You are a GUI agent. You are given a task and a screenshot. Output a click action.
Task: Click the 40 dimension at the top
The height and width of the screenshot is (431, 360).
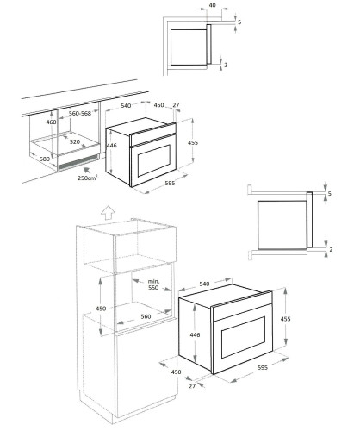212,5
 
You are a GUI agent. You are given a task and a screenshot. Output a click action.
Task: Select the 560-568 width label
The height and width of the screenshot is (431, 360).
80,114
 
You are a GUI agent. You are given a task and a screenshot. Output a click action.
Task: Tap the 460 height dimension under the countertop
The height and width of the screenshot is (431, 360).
52,122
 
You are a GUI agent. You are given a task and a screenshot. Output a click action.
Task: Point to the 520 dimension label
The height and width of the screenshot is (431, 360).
75,142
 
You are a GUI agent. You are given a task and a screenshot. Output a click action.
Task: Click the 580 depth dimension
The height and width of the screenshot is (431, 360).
45,159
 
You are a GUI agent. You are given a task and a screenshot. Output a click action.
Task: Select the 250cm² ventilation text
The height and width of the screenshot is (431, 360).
87,178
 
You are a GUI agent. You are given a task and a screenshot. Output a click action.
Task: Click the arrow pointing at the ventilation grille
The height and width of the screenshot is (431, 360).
87,170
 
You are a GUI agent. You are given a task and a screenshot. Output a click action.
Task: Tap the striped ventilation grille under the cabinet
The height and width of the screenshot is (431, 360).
78,162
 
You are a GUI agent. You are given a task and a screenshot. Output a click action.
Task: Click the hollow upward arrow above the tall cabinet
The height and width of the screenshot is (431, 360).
109,213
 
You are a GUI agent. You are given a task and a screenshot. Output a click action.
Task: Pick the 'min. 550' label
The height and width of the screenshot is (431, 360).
153,284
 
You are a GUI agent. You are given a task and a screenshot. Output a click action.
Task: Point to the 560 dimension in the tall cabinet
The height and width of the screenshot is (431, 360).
146,316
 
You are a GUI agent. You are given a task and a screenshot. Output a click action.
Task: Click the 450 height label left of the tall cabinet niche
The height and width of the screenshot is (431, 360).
101,309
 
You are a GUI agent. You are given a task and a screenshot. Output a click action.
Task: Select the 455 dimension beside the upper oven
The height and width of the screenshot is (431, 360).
193,142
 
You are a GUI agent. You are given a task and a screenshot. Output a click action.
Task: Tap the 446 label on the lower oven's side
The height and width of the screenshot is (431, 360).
195,334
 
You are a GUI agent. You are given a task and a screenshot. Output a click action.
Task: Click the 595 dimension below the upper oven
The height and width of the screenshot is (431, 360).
170,183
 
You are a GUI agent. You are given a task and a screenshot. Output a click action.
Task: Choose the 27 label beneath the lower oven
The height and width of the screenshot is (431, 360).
192,386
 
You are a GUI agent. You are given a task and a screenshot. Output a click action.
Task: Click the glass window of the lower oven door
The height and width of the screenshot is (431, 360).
244,337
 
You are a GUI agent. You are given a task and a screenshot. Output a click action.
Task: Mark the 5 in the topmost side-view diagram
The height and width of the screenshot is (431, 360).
239,22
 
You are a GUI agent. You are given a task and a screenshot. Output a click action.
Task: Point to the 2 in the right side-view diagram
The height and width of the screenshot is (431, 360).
331,249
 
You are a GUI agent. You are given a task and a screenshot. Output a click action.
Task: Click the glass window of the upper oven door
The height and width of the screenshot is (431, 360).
154,160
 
